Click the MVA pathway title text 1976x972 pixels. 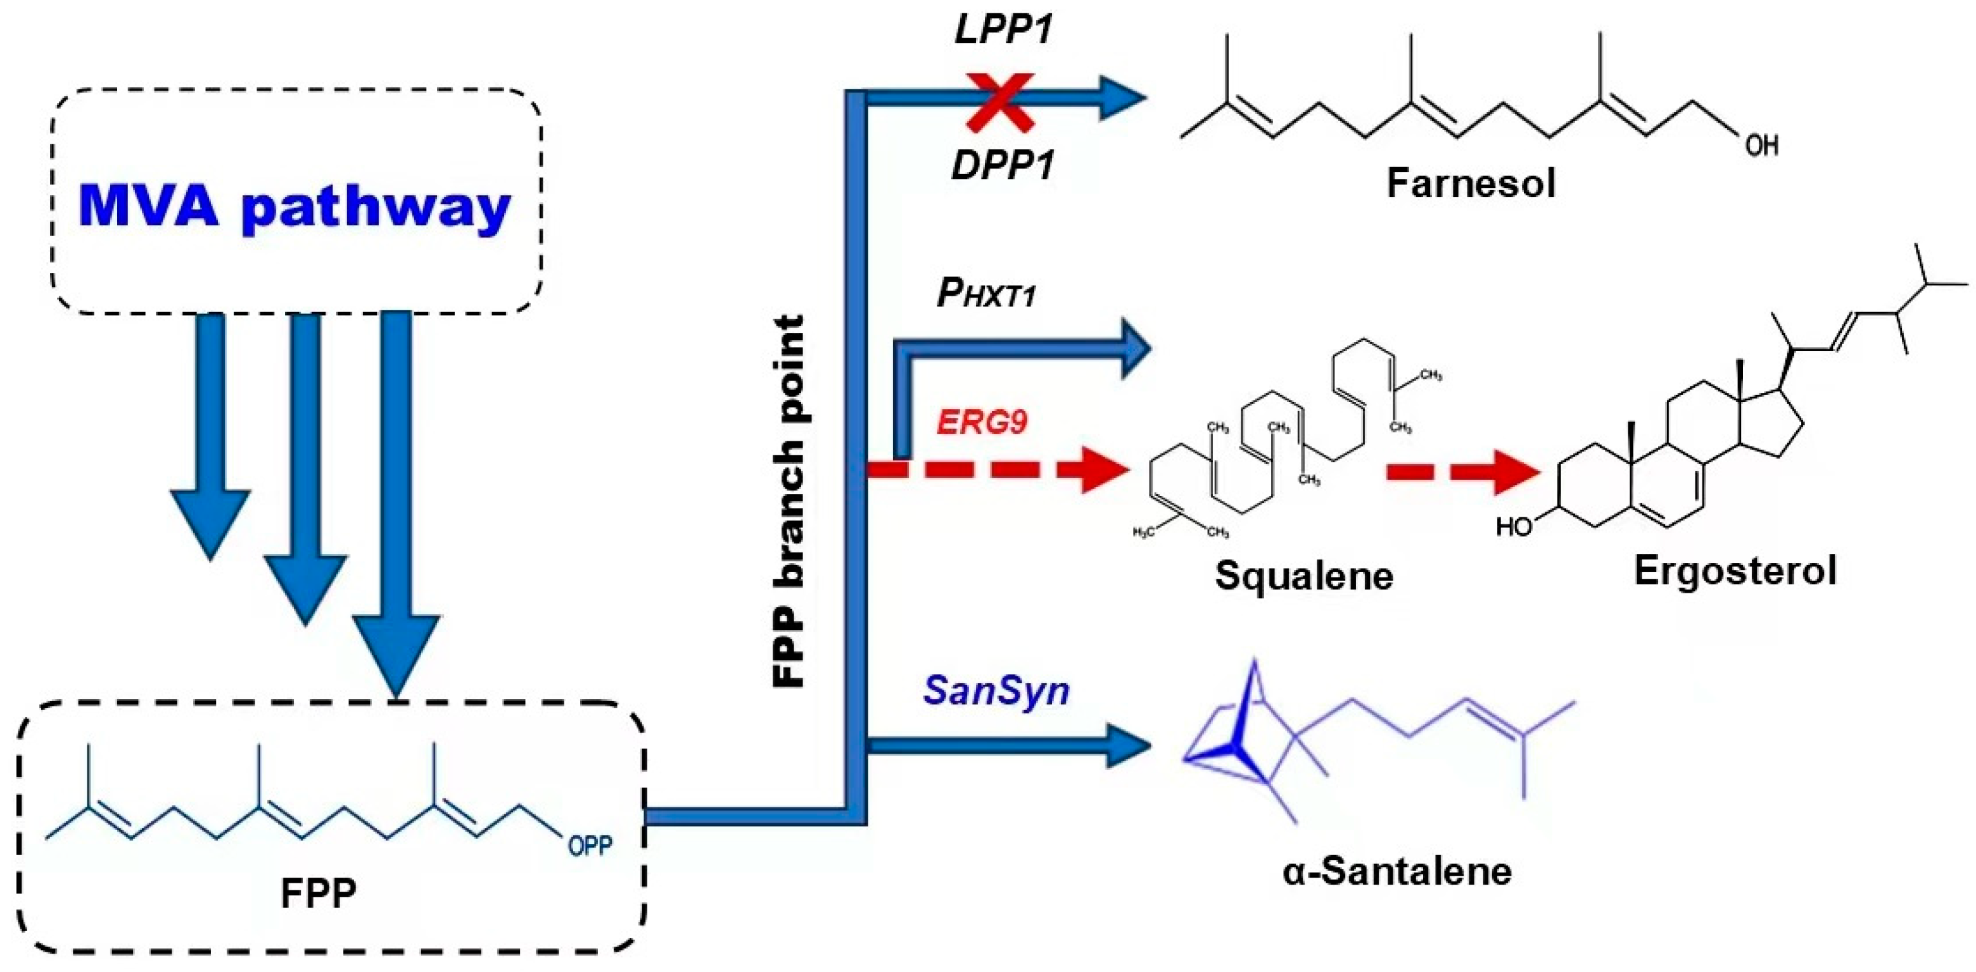pos(294,206)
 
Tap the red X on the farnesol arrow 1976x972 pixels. pos(1000,101)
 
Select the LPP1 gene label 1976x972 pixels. pos(1003,30)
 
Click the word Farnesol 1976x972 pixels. pos(1471,184)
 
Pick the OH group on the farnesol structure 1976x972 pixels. pos(1761,145)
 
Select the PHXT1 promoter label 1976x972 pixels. pos(987,293)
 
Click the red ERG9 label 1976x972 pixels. pos(982,422)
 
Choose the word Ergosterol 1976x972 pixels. pos(1735,570)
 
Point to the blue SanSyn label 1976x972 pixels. pos(996,690)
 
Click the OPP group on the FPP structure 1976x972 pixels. pos(590,846)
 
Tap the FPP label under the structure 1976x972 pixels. pos(319,893)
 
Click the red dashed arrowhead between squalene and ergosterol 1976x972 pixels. pos(1515,472)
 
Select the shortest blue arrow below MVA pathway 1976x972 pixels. pos(210,438)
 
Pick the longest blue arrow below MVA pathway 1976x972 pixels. pos(396,507)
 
